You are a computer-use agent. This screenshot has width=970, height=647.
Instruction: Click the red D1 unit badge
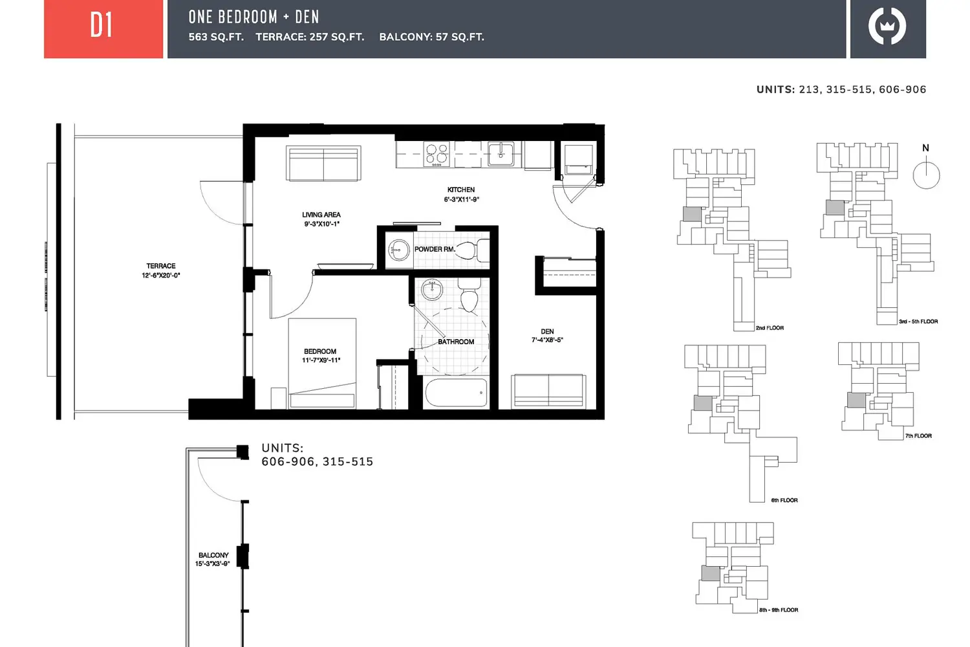click(103, 28)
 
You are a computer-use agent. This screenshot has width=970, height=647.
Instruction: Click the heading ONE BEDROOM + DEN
click(253, 17)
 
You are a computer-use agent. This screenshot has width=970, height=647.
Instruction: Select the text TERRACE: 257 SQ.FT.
click(310, 38)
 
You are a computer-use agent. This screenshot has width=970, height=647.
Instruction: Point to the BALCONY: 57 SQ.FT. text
click(432, 38)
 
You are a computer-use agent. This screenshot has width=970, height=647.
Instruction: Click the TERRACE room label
click(160, 266)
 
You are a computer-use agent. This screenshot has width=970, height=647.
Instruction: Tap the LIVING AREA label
click(321, 215)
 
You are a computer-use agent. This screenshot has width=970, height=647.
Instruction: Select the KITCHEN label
click(460, 190)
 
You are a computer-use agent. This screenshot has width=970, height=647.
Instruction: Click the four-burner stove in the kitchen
click(436, 154)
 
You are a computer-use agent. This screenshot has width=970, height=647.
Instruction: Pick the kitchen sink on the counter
click(501, 154)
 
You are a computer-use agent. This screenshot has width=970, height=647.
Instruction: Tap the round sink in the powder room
click(398, 250)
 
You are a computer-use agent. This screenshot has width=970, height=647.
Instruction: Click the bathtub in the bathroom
click(456, 393)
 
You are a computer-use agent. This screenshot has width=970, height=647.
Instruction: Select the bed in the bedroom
click(322, 363)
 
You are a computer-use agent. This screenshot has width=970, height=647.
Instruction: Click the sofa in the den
click(548, 391)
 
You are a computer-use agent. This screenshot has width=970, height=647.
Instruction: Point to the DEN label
click(547, 331)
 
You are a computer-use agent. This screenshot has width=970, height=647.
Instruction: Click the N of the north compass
click(925, 148)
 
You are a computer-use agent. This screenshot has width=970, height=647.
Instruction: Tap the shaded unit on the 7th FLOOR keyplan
click(856, 400)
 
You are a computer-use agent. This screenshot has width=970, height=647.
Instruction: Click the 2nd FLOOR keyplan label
click(770, 328)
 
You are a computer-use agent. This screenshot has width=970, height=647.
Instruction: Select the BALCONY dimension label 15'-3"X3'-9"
click(212, 564)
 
